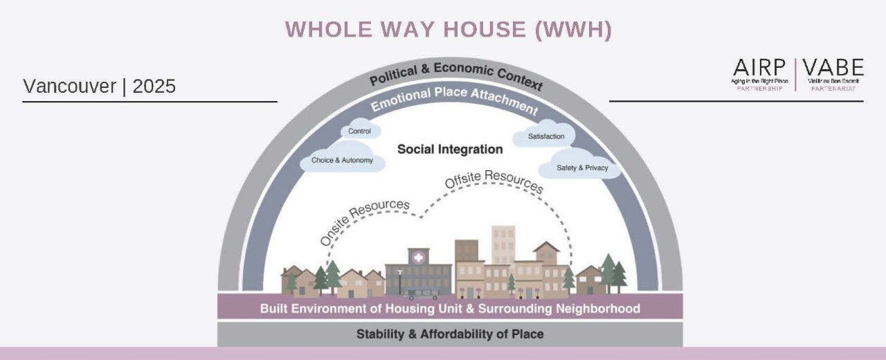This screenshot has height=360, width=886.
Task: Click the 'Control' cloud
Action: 360,131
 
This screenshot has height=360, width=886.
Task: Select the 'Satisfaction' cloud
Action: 546,136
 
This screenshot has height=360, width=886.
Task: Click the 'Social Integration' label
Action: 450,149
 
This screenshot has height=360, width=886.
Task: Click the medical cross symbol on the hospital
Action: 418,258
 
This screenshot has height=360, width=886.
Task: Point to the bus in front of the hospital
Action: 422,294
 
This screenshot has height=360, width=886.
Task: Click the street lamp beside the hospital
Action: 399,280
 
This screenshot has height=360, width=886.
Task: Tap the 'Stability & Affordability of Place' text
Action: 450,334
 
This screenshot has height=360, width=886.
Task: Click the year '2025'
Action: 154,87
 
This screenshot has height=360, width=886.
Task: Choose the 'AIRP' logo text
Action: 759,68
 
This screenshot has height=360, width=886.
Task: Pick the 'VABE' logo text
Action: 835,68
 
